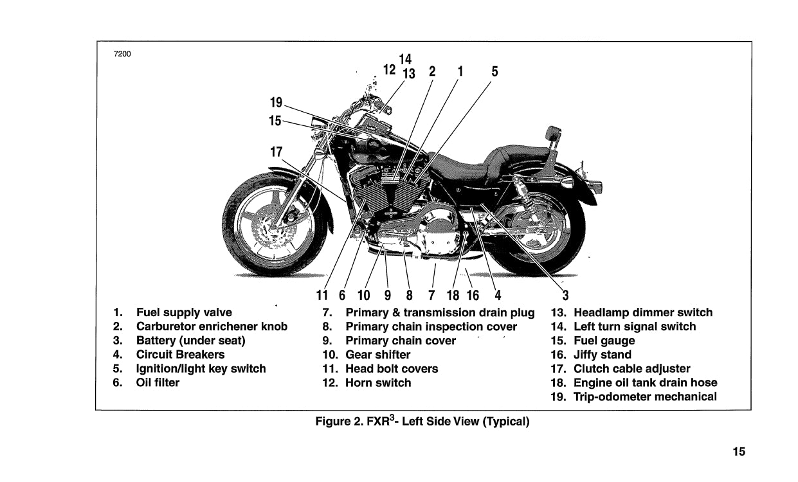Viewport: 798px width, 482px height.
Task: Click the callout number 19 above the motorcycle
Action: point(277,102)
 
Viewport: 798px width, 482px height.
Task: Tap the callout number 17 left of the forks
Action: point(277,152)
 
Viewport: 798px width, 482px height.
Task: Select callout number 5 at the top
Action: point(494,72)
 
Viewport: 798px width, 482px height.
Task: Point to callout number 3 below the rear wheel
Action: point(565,296)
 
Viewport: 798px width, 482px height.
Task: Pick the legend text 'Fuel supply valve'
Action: point(184,313)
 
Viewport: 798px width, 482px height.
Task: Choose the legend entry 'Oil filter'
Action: point(158,383)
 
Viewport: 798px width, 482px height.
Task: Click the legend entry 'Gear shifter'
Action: point(377,355)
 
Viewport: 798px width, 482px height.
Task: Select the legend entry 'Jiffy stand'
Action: point(602,355)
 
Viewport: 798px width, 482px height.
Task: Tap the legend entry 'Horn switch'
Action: point(377,383)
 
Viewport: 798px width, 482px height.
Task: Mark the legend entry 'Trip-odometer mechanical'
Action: point(644,397)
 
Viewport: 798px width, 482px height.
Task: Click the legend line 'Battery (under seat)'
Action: point(190,341)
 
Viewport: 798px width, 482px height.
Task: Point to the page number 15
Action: point(739,452)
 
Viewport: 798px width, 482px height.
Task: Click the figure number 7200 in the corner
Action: point(122,53)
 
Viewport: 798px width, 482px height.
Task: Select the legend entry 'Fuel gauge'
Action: point(604,341)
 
